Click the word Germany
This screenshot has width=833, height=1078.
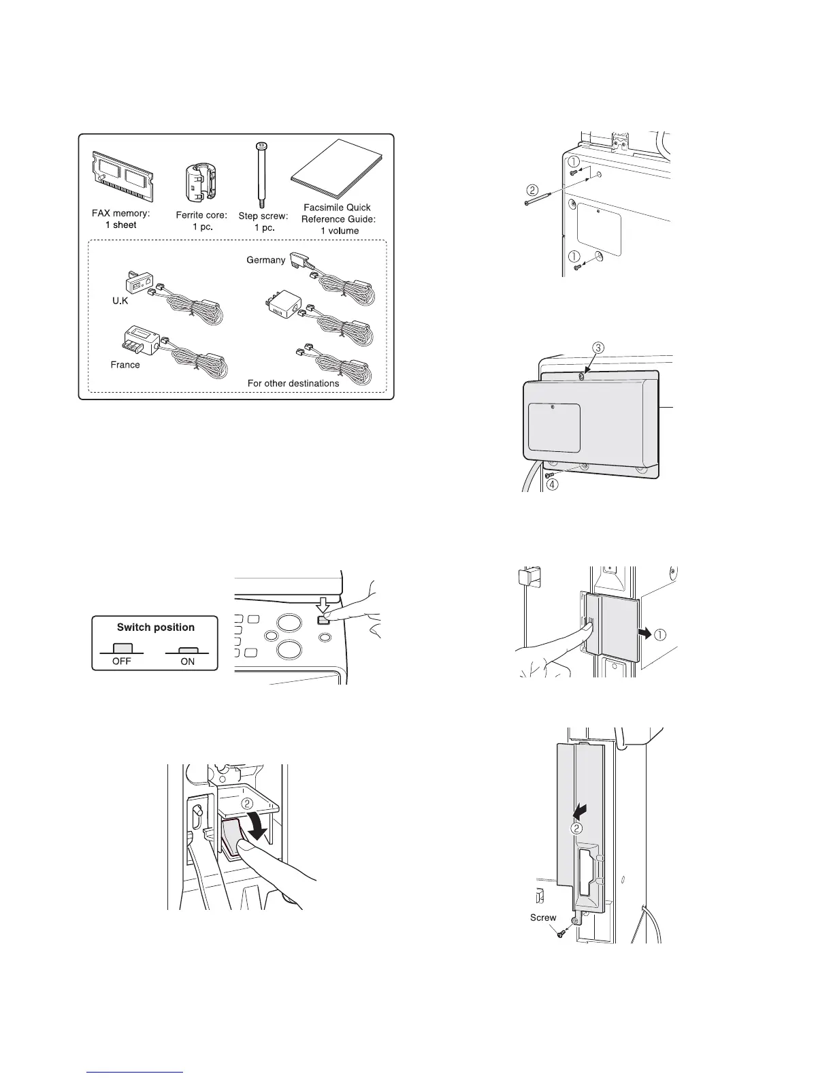(266, 260)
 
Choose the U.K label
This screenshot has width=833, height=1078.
(120, 300)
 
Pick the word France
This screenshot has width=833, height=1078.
(125, 365)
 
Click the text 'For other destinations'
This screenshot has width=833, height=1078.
(293, 383)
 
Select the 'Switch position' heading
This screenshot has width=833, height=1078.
(156, 627)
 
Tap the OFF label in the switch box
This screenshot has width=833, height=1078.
(122, 661)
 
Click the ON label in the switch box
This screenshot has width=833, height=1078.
(187, 661)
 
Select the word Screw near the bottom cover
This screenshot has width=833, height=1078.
(543, 917)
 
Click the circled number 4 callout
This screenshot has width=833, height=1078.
(553, 486)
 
